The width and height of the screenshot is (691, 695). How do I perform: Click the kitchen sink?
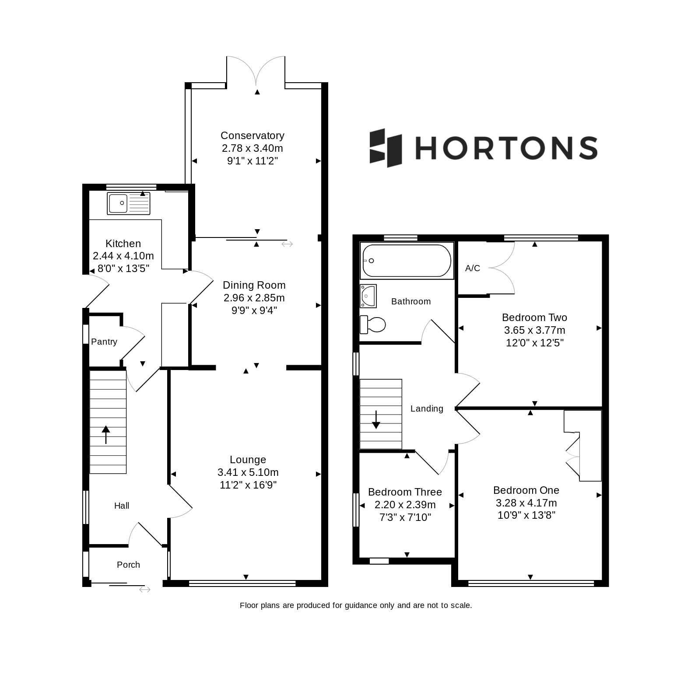coord(129,203)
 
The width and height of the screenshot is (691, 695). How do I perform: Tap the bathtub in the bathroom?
coord(407,261)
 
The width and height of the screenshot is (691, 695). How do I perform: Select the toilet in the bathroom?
coord(372,325)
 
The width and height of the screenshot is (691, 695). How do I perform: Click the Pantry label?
coord(104,342)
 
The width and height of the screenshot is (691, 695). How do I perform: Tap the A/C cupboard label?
coord(473,268)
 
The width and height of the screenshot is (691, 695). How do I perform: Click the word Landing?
coord(427,409)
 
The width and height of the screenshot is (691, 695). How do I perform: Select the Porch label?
coord(128,565)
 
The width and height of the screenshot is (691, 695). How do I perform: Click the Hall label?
coord(122,506)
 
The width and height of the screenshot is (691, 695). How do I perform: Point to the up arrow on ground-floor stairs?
coord(106,435)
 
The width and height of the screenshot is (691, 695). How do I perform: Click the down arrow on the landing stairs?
coord(376,419)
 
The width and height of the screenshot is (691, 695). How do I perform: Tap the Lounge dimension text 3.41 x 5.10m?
coord(248,472)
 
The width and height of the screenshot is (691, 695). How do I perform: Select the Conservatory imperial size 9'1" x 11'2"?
coord(253,161)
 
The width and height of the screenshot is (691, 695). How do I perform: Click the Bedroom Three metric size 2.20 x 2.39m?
coord(405,505)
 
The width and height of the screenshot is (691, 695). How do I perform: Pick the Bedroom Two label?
coord(534,318)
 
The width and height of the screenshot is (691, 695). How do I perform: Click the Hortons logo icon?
coord(386,148)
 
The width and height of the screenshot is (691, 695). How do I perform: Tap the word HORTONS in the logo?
coord(506,147)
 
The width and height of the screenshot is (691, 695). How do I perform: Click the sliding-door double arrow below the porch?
coord(145,590)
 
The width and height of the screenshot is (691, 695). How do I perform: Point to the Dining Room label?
coord(254,285)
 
